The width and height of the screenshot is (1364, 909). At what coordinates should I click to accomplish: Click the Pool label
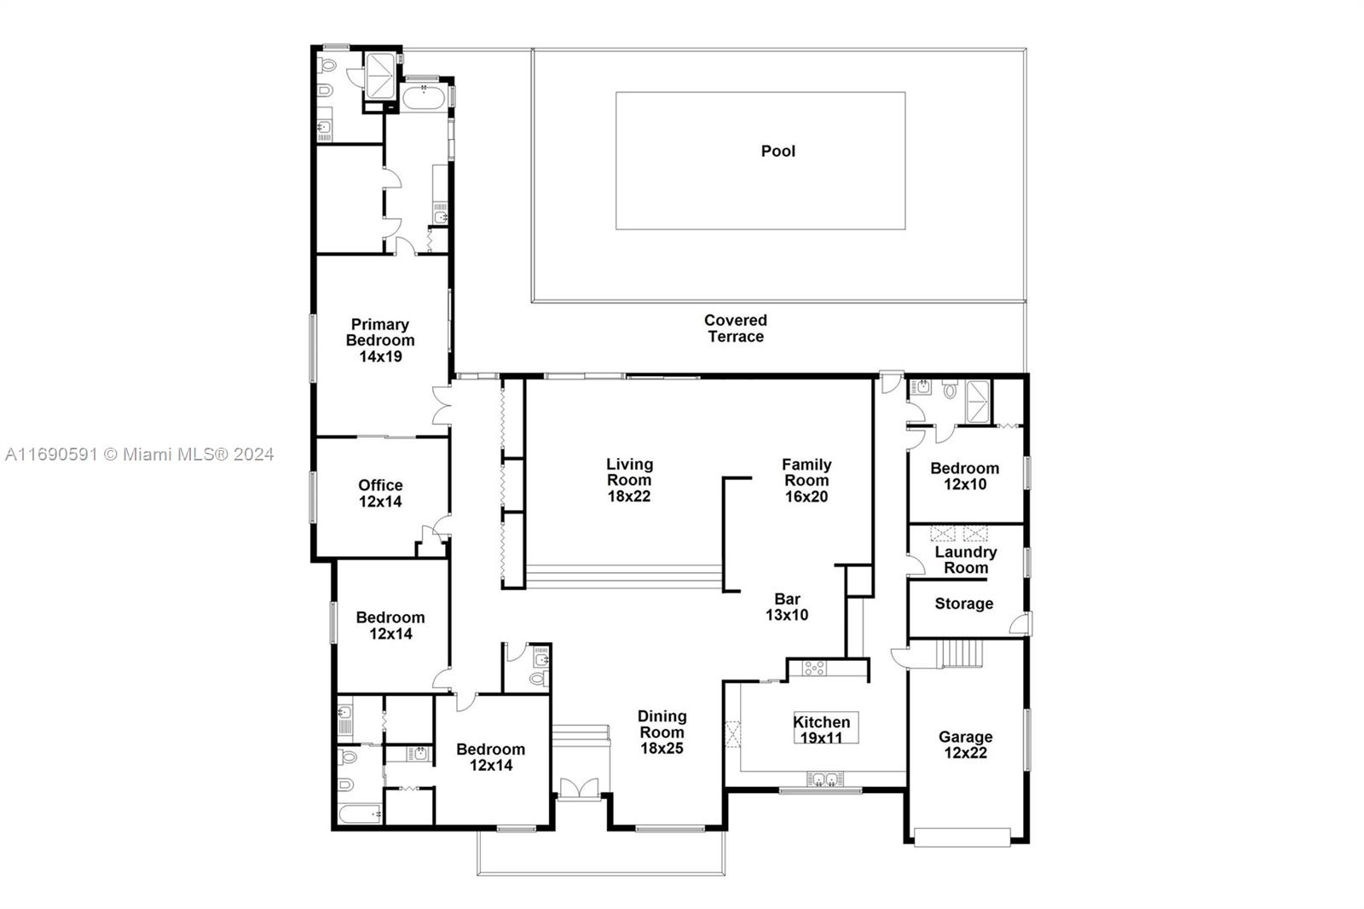coord(777,151)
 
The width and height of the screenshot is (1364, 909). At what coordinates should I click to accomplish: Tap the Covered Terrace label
coord(735,328)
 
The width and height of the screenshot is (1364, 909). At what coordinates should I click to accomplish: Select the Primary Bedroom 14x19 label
coord(380,340)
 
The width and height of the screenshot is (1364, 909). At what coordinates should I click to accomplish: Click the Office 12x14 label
coord(380,493)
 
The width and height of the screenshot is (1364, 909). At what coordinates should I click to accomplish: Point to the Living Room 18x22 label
coord(629,480)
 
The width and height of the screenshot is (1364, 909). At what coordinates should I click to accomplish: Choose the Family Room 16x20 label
coord(806,480)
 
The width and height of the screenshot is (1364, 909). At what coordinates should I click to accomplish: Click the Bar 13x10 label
coord(786,606)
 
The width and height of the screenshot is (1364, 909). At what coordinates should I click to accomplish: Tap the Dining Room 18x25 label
coord(662,732)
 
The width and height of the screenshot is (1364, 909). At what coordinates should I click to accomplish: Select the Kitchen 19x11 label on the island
coord(822,729)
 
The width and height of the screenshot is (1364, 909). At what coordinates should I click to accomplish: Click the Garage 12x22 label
coord(965,744)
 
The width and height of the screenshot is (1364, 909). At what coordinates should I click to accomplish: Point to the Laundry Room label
coord(965,559)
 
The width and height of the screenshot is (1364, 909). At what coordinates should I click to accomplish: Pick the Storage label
coord(963,604)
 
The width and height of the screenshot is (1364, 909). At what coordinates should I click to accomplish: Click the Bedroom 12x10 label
coord(964,476)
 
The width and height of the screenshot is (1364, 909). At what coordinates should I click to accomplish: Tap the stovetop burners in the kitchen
coord(814,668)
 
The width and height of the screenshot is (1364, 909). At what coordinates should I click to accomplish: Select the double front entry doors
coord(580,788)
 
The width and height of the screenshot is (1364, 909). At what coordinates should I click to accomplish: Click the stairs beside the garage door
coord(960,655)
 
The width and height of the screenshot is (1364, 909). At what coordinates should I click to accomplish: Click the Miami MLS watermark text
coord(139,454)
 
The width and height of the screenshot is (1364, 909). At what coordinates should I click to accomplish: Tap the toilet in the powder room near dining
coord(537,679)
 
